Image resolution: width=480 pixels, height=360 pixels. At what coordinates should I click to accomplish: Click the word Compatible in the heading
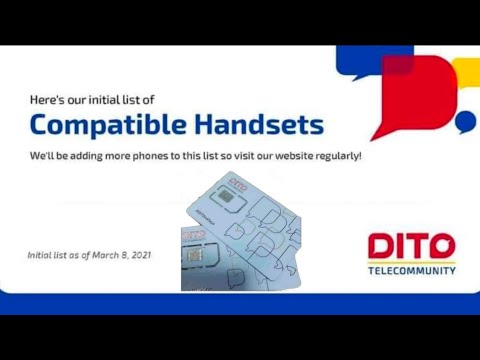105,125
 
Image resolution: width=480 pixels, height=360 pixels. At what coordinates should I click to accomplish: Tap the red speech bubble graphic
407,95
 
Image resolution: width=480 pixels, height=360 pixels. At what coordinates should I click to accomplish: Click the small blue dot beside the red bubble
464,122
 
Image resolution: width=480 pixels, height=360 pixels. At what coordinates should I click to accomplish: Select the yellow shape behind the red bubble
466,72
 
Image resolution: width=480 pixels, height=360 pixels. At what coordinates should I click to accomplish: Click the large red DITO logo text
412,247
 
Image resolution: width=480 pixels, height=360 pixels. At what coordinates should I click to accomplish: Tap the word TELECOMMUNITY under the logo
412,270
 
